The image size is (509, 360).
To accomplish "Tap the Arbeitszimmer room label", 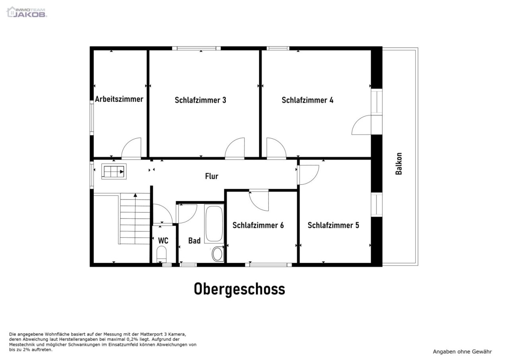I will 119,99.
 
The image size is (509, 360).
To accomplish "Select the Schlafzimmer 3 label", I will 200,100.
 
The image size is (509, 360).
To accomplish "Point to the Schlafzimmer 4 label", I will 307,100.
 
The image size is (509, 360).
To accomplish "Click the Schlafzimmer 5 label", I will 333,225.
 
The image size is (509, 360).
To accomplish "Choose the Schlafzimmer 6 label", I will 258,225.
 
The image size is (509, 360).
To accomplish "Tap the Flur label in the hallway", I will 212,176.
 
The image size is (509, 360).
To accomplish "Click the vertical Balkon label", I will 399,164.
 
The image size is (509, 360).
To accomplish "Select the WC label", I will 163,241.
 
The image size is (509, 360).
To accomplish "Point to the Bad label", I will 194,241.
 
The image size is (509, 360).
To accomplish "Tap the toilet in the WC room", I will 162,253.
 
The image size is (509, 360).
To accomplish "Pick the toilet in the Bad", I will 218,253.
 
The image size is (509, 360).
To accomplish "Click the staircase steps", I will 135,219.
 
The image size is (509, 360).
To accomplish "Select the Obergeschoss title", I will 239,289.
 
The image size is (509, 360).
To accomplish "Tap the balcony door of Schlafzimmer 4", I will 362,125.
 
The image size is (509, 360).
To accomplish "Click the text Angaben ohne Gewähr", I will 462,352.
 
